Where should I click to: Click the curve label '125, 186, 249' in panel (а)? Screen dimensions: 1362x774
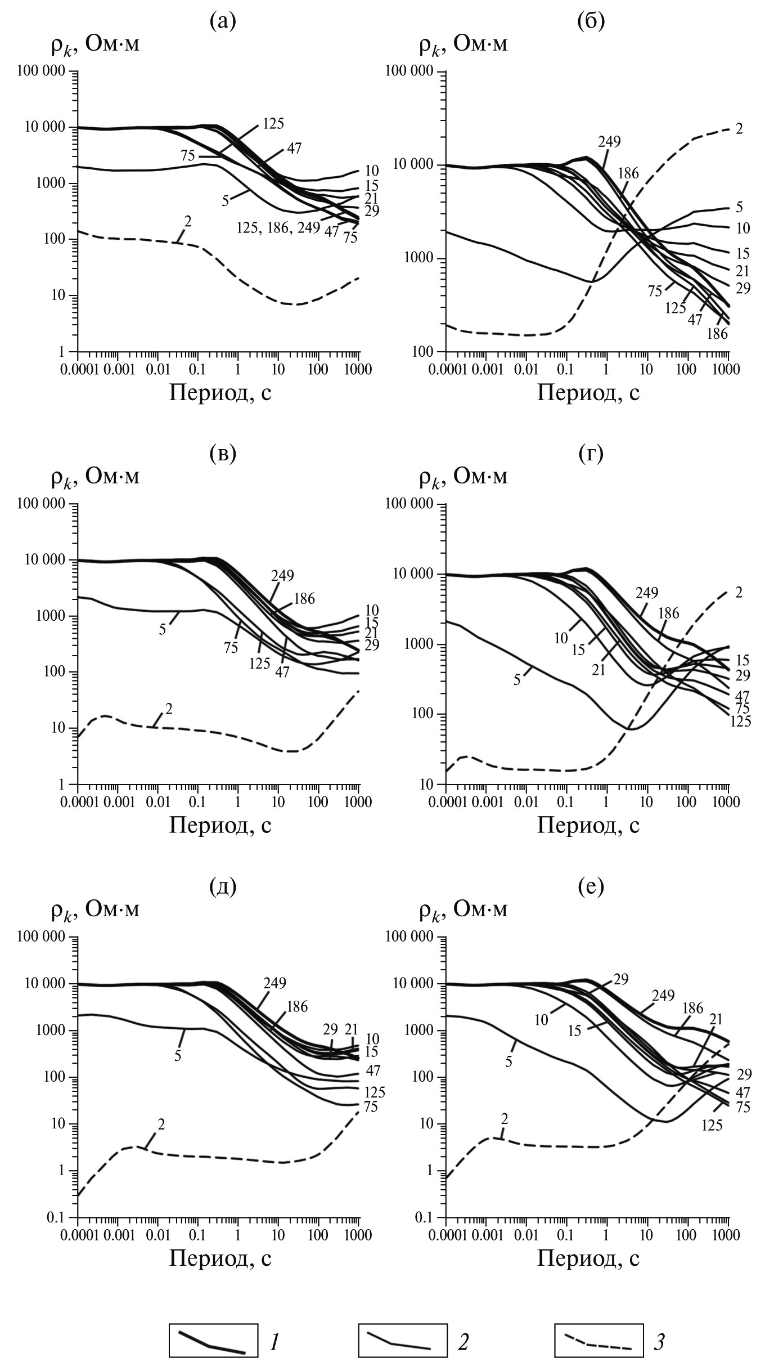click(x=278, y=228)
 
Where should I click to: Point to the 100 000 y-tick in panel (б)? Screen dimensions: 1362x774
click(x=409, y=71)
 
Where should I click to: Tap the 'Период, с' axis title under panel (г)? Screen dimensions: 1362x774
click(x=588, y=825)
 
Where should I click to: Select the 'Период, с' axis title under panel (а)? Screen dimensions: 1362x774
click(x=220, y=392)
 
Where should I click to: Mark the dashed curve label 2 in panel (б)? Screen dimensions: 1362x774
click(x=739, y=129)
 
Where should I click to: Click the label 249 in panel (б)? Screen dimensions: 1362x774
click(x=609, y=142)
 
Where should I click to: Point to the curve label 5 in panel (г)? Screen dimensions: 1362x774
click(x=516, y=680)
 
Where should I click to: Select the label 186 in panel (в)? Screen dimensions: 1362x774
click(x=304, y=598)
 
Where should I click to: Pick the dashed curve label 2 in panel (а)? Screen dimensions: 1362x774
click(x=188, y=221)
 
